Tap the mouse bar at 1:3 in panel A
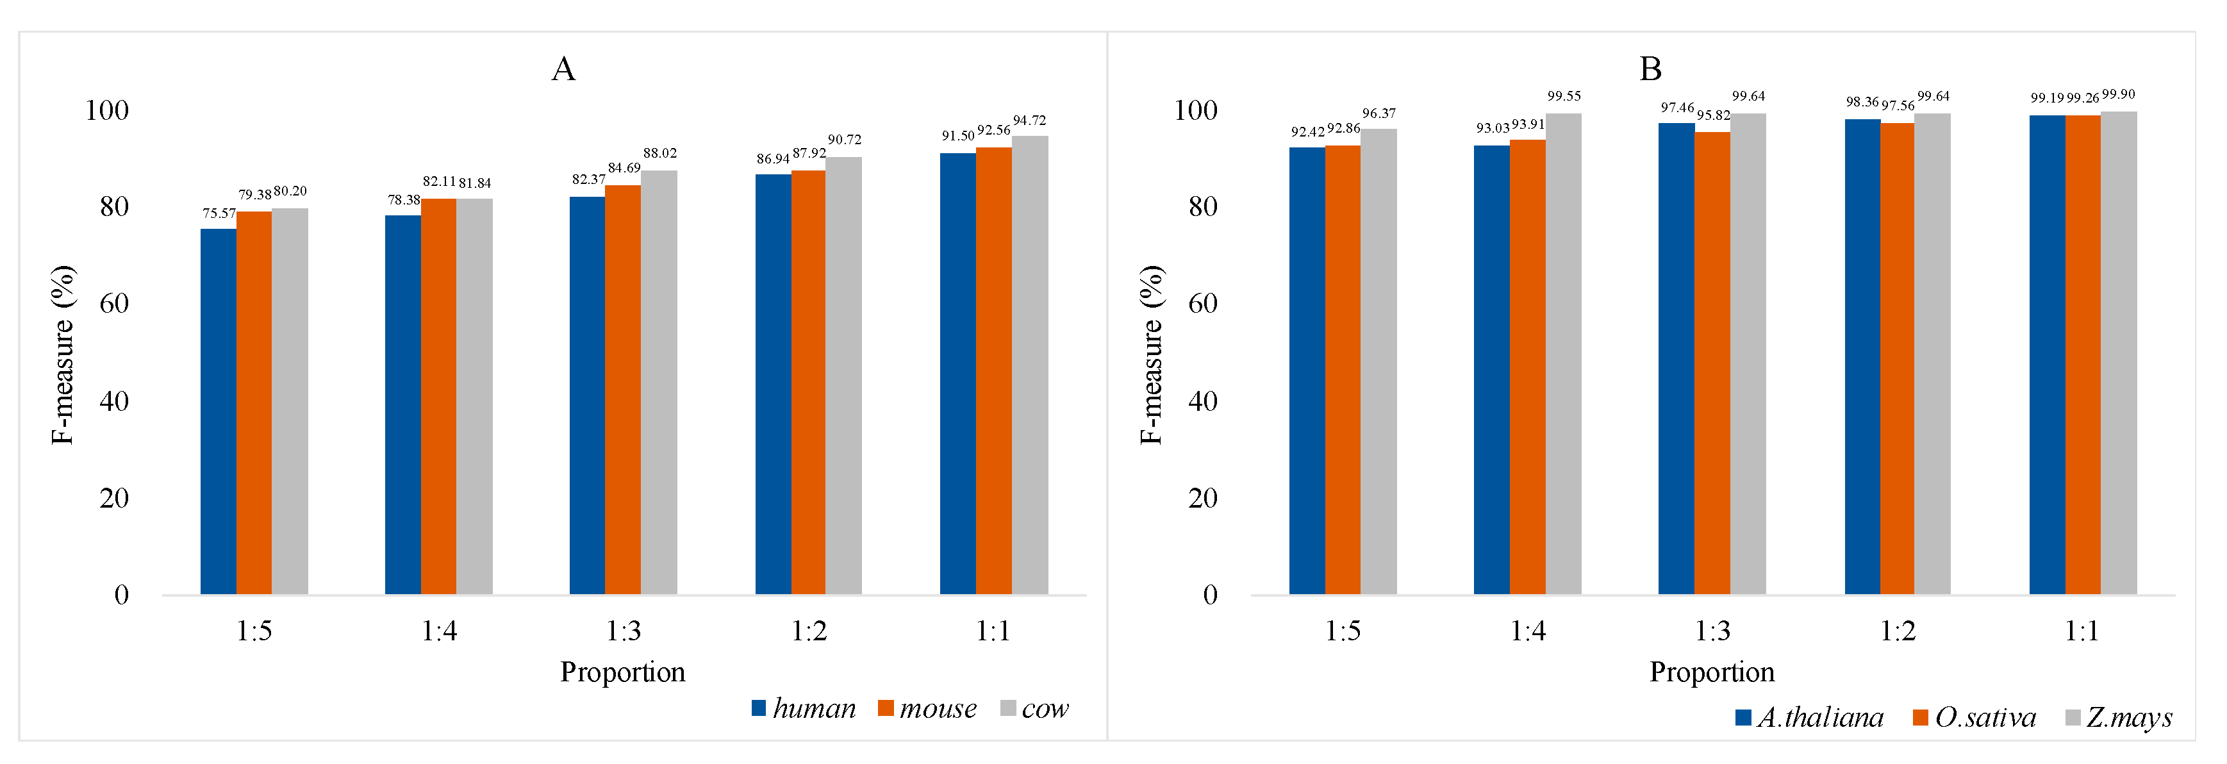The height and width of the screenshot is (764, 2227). (x=622, y=389)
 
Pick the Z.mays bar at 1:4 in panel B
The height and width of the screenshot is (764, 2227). (x=1563, y=354)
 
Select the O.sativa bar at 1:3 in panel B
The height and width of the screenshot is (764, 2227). (x=1712, y=363)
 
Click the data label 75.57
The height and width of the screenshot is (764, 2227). (x=219, y=213)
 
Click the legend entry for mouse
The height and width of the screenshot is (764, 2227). (x=927, y=709)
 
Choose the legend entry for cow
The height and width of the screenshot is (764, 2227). (x=1035, y=709)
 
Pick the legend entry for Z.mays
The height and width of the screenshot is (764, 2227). (x=2118, y=717)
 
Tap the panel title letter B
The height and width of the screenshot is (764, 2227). (x=1650, y=69)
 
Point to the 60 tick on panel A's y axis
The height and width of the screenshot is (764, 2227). (x=113, y=303)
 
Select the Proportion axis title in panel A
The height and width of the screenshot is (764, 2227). (x=622, y=672)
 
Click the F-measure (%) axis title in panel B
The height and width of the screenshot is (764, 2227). (x=1151, y=354)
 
